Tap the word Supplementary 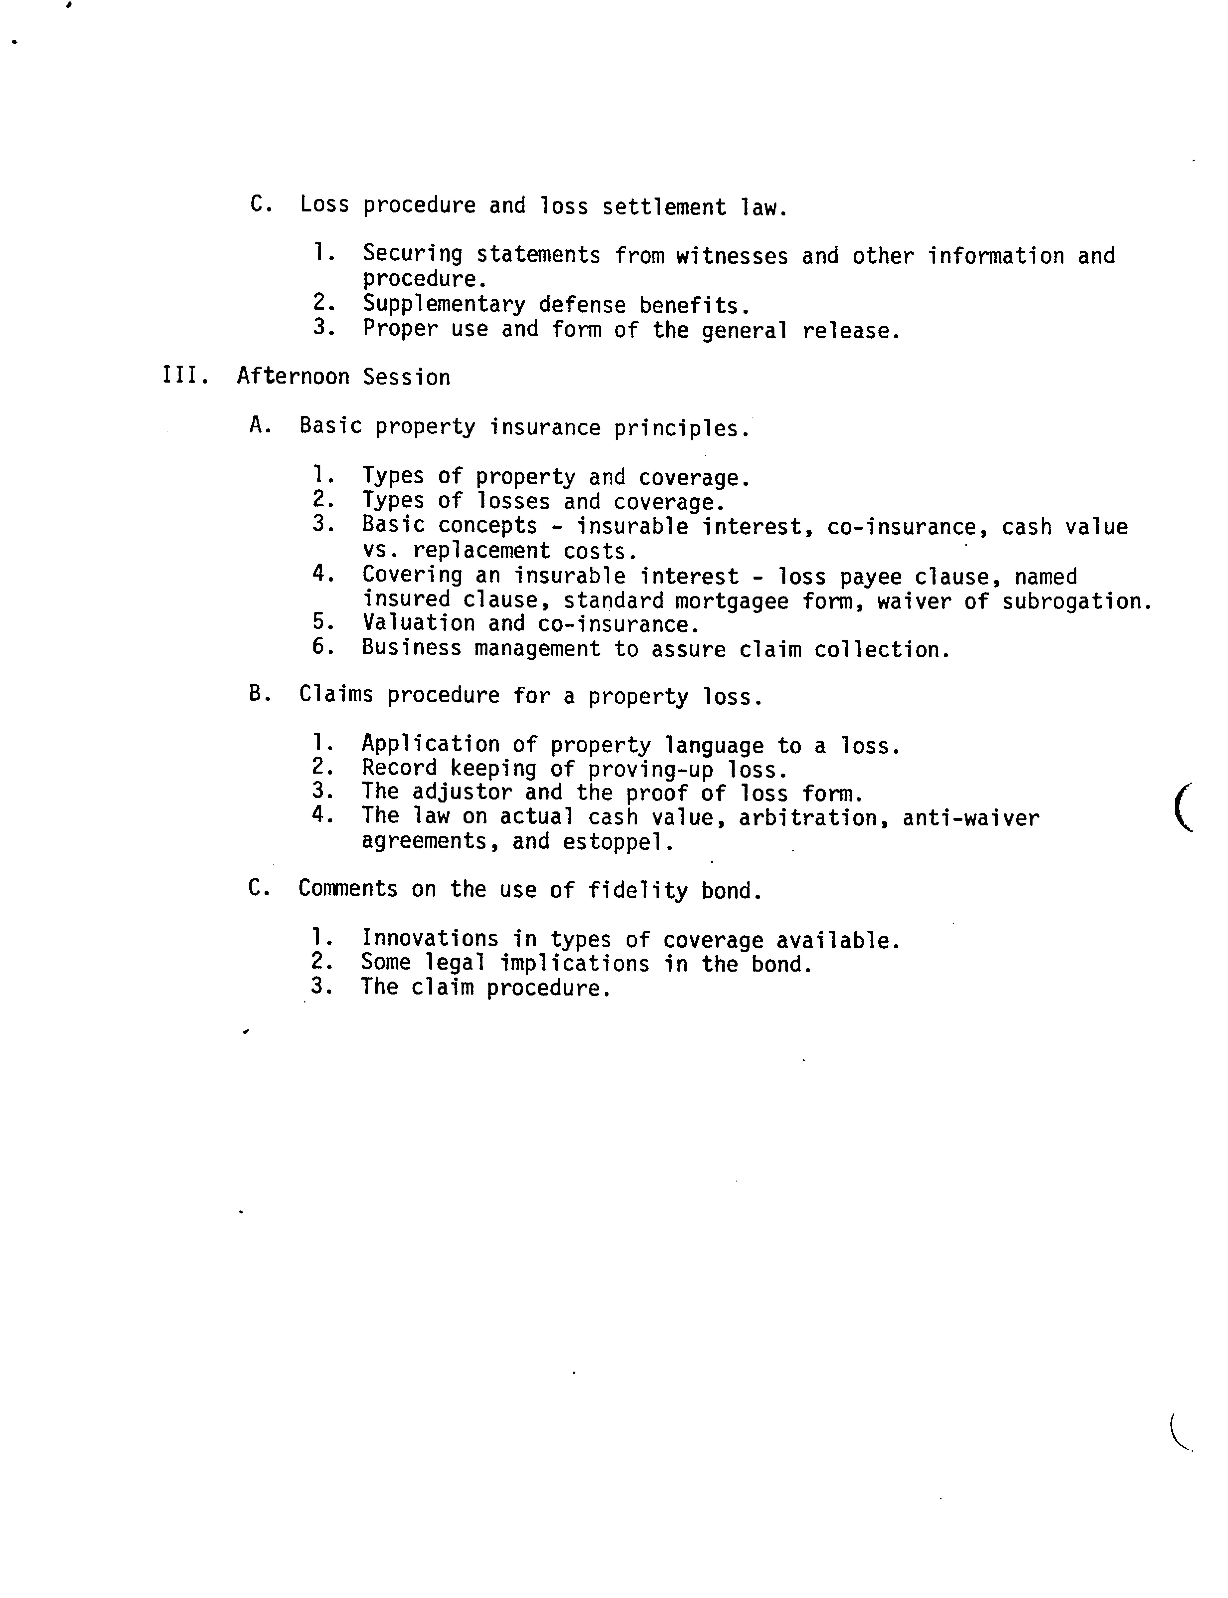point(444,304)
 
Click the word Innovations point(430,939)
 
